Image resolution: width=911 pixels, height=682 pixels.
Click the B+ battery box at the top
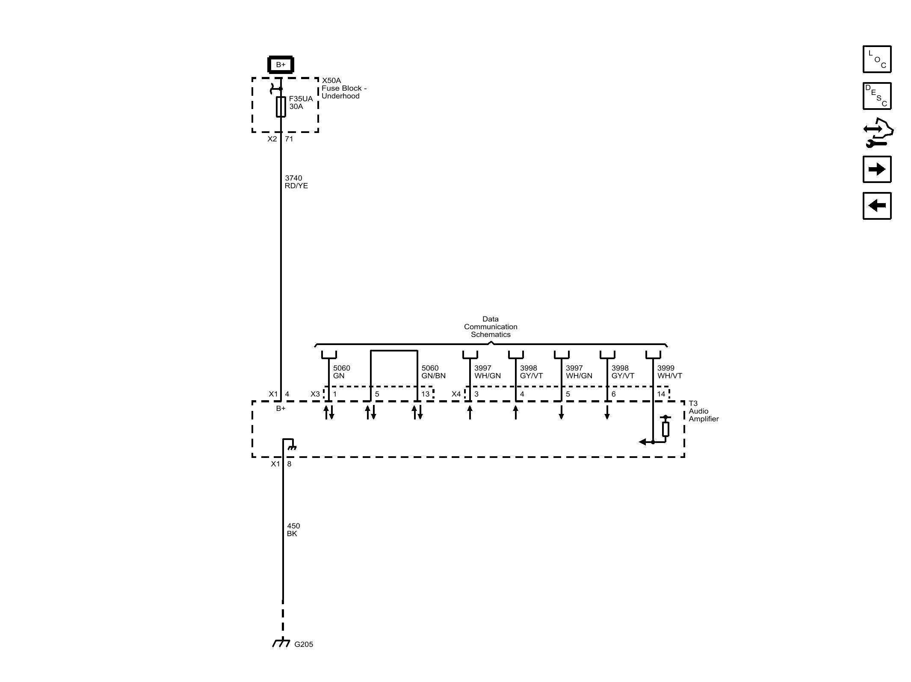[281, 65]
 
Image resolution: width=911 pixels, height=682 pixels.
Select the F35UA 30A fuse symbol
[281, 106]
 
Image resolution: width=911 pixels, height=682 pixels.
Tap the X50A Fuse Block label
[343, 88]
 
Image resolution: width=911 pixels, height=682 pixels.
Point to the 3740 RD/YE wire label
[296, 182]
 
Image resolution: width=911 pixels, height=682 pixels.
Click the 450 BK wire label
[293, 530]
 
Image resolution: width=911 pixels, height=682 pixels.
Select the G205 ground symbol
[281, 643]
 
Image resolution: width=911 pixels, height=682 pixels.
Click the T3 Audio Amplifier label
[703, 411]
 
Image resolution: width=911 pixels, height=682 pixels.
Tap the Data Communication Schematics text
[491, 327]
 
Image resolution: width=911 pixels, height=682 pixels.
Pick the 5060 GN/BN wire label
[433, 372]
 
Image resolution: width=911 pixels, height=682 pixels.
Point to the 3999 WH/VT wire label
[669, 372]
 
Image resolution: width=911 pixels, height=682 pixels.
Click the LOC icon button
[877, 59]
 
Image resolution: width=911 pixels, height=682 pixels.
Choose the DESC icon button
[877, 96]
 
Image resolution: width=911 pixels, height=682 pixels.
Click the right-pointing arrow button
[877, 169]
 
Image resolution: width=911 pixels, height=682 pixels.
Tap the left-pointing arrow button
[877, 206]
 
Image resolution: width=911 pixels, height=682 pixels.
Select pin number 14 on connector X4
[661, 394]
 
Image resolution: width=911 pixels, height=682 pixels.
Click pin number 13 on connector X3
[425, 394]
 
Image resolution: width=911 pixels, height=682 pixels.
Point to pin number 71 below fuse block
[289, 139]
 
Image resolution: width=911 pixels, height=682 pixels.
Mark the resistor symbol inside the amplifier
[666, 429]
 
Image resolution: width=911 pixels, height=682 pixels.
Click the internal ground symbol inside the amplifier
[292, 447]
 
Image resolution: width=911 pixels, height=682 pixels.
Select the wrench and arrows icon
[878, 133]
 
